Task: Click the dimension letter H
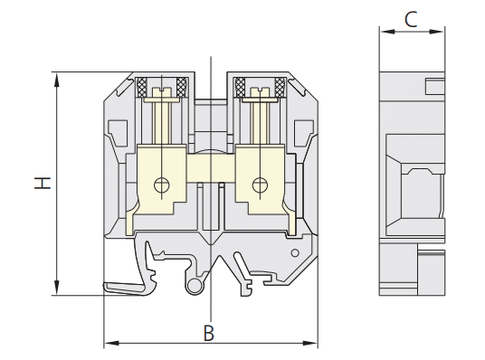[x=43, y=183]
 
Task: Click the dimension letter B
[x=209, y=333]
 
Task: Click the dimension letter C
[x=411, y=19]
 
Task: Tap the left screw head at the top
[x=162, y=92]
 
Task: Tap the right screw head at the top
[x=260, y=92]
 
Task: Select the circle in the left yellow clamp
[x=162, y=185]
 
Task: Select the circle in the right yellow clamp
[x=260, y=185]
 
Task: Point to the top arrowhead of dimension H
[x=57, y=80]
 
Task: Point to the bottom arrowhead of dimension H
[x=57, y=288]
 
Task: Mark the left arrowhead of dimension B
[x=111, y=343]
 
